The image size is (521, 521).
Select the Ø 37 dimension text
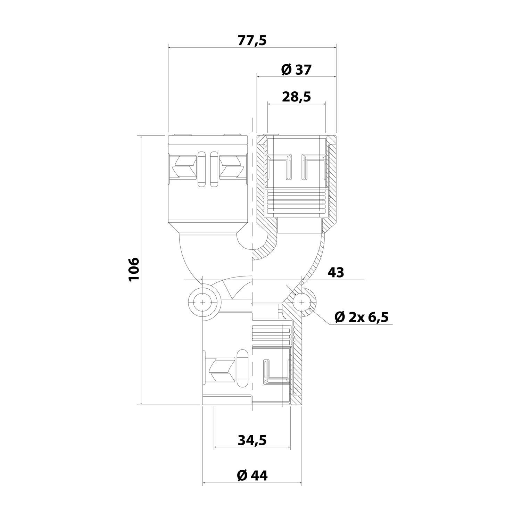[x=296, y=70]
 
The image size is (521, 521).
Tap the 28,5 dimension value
[x=296, y=97]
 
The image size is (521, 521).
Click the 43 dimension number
[x=336, y=272]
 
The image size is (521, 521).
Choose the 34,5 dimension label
[x=252, y=440]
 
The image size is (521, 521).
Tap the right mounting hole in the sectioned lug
[x=301, y=301]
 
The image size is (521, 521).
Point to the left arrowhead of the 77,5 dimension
[x=170, y=47]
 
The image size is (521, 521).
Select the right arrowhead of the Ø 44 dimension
[x=300, y=483]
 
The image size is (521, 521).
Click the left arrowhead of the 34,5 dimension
[x=216, y=448]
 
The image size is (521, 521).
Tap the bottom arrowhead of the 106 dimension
[x=141, y=403]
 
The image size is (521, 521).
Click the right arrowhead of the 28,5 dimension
[x=324, y=104]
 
